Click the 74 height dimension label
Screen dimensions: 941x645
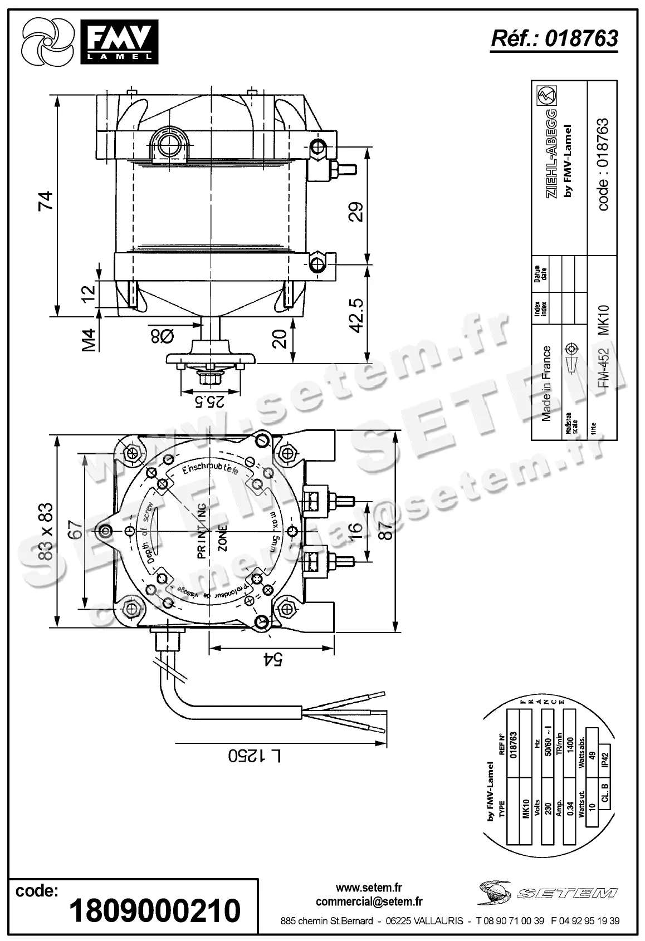46,201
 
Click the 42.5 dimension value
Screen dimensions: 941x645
356,315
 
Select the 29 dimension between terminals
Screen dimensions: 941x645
356,212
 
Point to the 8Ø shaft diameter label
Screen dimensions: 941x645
162,336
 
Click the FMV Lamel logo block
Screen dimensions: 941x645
119,41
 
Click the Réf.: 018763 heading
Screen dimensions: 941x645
554,38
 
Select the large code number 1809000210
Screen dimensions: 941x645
155,910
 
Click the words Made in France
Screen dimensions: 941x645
546,384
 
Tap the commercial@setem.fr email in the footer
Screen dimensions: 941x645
369,901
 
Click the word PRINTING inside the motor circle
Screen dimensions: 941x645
202,531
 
